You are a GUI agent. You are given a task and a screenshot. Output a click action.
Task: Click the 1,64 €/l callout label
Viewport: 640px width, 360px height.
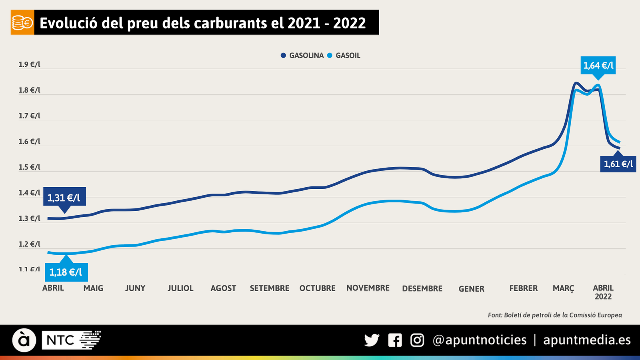point(598,66)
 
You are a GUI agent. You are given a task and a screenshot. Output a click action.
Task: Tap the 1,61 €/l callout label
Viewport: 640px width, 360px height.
point(618,164)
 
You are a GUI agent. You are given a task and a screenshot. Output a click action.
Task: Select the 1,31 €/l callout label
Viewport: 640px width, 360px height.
point(64,198)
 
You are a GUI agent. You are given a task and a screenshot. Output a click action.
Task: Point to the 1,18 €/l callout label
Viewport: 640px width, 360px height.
point(66,272)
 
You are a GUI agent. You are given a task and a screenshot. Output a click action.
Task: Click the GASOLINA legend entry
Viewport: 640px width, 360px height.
point(302,56)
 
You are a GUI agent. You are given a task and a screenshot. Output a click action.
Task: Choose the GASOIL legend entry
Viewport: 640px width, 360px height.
point(344,56)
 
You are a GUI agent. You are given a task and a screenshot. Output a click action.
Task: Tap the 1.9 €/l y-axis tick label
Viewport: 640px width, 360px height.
point(29,64)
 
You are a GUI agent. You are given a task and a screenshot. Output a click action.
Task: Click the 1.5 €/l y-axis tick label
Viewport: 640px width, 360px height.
point(29,167)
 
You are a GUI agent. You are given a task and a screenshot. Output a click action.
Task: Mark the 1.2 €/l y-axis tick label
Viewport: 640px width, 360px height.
point(29,244)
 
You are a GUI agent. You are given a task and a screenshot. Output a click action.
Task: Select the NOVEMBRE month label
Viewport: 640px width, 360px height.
point(368,288)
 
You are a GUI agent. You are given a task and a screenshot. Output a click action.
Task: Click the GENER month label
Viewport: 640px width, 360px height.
point(471,289)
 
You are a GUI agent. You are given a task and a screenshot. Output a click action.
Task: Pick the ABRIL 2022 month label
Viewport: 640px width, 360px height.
point(603,292)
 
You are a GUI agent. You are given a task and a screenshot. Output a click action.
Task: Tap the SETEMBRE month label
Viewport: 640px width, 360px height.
point(269,288)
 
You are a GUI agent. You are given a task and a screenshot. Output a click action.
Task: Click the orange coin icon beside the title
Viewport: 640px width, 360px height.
point(22,23)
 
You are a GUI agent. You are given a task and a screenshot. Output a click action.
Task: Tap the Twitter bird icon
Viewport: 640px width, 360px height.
point(372,340)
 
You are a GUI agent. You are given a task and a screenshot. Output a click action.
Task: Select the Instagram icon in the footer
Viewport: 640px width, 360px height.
point(417,340)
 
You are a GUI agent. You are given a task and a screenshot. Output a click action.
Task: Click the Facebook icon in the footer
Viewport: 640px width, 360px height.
point(395,340)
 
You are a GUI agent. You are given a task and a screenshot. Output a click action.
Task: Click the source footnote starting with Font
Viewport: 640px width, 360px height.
point(554,315)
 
